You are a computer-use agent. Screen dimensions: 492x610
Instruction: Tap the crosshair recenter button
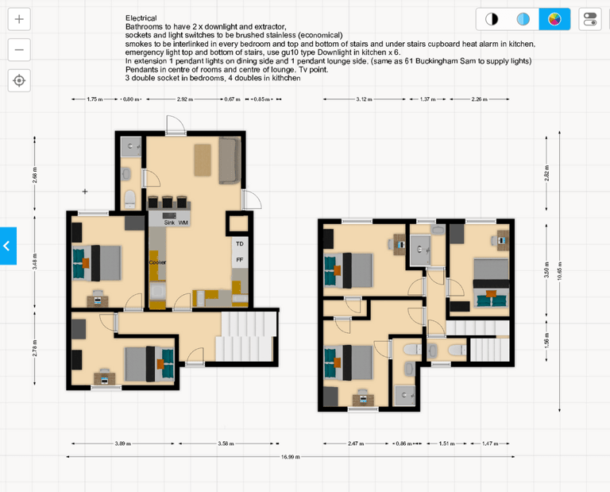coord(20,80)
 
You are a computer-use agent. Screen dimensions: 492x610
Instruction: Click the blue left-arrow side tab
coord(7,246)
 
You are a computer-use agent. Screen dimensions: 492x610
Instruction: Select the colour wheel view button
coord(554,19)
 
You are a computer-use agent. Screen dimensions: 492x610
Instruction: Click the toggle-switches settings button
coord(590,19)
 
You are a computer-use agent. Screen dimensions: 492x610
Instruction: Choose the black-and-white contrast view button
coord(492,19)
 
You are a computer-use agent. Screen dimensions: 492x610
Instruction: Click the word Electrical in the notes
coord(141,17)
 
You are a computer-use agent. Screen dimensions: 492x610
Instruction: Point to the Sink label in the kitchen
coord(168,223)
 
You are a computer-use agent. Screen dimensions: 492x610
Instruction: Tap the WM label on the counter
coord(183,223)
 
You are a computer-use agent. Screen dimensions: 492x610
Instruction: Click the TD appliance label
coord(239,243)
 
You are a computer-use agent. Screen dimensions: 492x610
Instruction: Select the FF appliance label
coord(239,260)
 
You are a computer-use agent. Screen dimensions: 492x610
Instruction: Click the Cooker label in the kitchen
coord(156,261)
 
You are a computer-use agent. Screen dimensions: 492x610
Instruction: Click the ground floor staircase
coord(246,336)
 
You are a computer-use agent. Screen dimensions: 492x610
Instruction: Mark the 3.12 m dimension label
coord(365,99)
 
